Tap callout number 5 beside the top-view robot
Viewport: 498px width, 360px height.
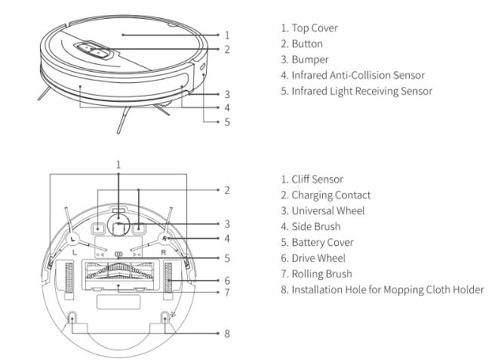pos(227,122)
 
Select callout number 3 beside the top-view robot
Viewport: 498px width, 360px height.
pos(227,95)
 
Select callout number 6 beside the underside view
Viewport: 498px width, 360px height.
pos(227,279)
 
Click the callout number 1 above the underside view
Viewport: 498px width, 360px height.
pos(118,164)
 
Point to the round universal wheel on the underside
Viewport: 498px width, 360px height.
pos(118,224)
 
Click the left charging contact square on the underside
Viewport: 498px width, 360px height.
pos(97,228)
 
